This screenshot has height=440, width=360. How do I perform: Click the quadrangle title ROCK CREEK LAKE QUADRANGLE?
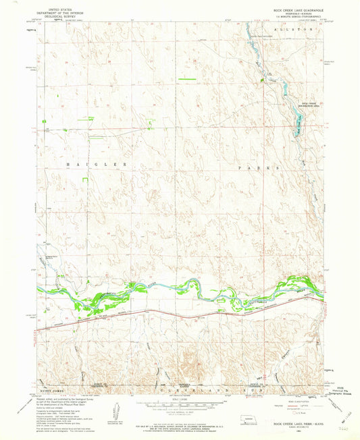[x=293, y=10]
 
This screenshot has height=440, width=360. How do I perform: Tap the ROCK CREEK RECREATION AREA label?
[x=308, y=105]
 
